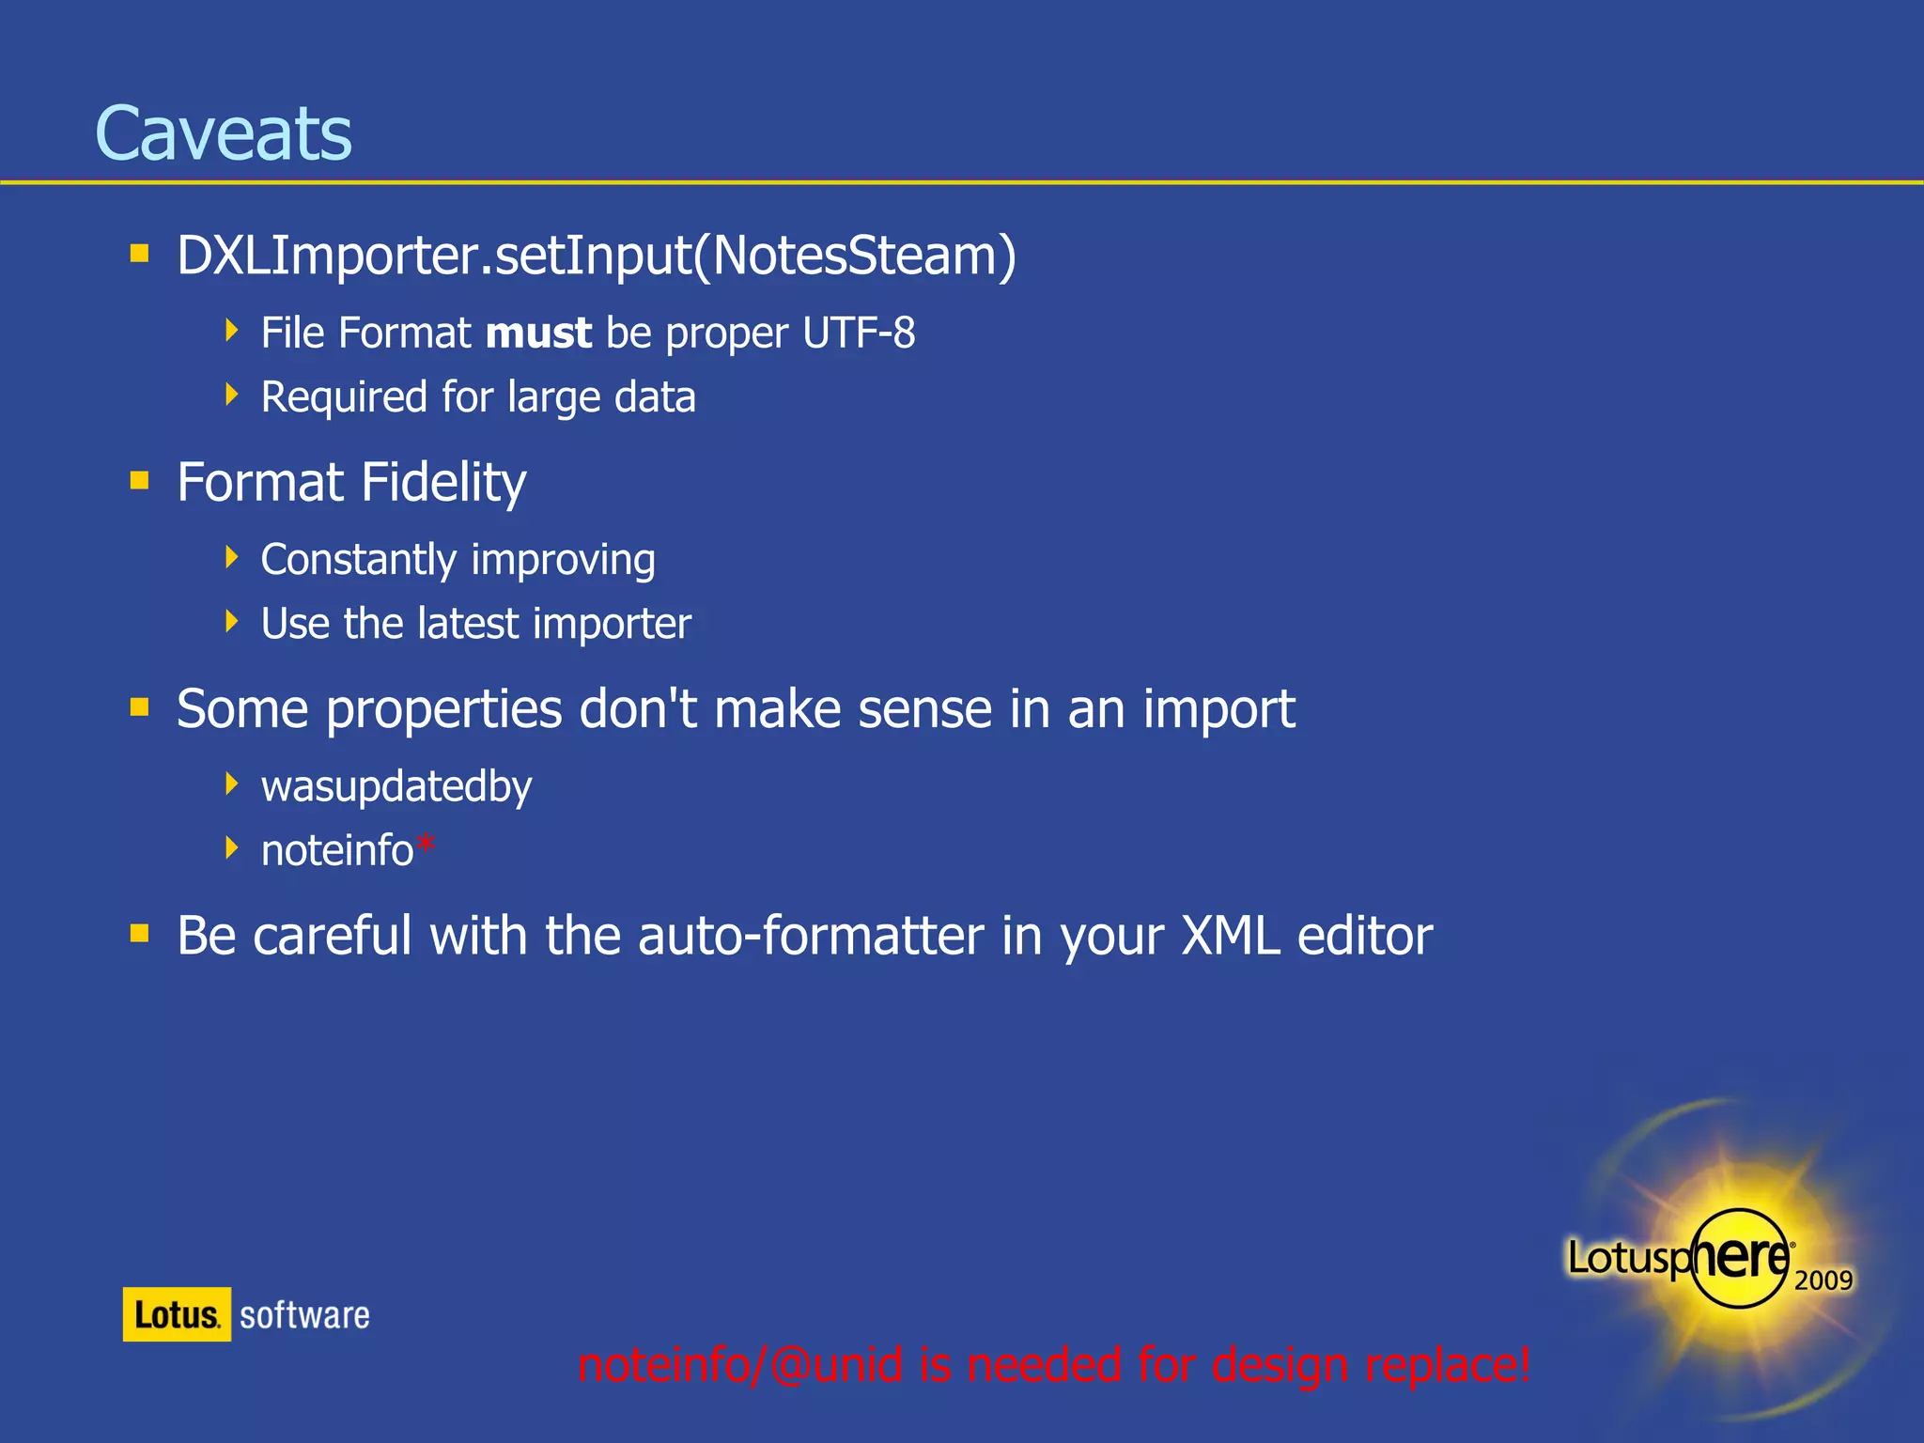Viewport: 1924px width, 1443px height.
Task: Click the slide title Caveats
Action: coord(224,133)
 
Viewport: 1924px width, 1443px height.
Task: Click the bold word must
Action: coord(538,334)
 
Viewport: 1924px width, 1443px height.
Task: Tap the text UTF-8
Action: coord(859,334)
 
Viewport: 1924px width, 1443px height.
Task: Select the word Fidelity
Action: coord(443,483)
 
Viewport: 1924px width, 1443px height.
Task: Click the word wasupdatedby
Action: coord(396,787)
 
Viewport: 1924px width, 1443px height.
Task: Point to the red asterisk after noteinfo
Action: coord(426,846)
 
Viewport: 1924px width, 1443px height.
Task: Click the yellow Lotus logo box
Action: coord(177,1314)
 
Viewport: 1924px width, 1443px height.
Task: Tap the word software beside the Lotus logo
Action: coord(304,1315)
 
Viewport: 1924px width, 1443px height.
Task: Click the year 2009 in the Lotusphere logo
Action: coord(1823,1280)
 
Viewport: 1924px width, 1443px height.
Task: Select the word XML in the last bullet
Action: coord(1230,937)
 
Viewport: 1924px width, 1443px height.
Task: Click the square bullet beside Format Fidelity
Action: coord(140,482)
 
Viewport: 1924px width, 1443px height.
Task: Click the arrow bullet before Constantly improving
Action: coord(232,558)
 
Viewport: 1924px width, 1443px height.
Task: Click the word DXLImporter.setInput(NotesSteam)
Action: coord(597,256)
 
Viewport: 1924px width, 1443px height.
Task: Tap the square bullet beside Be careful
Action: coord(140,933)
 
